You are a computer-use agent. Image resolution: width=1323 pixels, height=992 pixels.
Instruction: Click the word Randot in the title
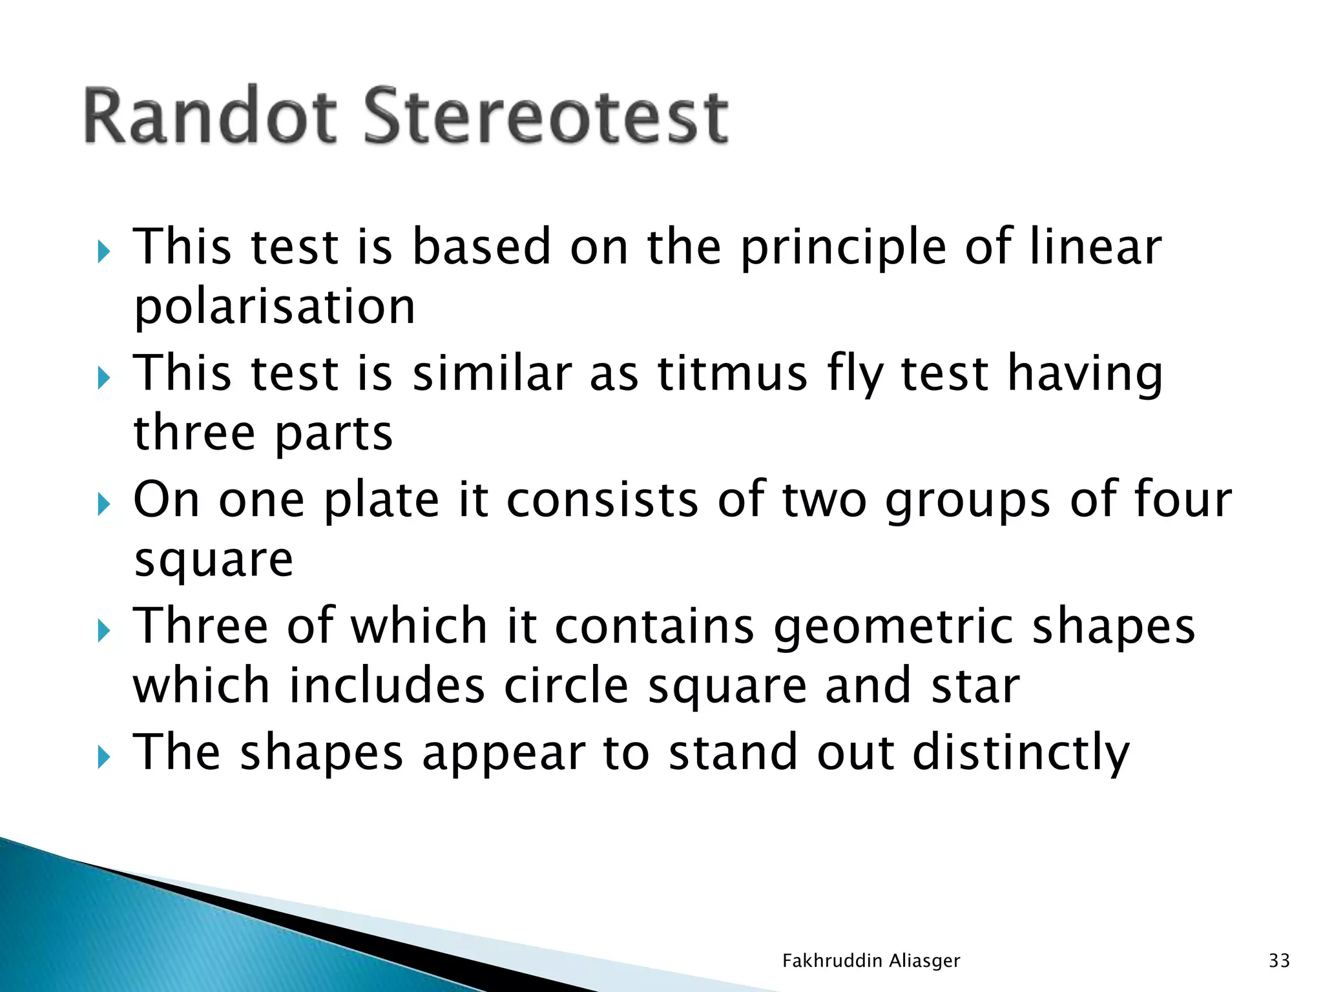210,116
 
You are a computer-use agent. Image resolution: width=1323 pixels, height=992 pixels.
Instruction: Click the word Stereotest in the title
547,116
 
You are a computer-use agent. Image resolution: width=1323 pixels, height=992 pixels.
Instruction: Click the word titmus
733,373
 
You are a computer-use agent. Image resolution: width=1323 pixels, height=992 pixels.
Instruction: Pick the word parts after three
333,433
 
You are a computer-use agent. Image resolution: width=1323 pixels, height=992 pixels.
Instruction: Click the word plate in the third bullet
382,500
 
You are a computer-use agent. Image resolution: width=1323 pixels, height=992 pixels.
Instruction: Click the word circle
566,685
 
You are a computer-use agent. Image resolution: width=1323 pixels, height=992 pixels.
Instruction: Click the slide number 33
1279,961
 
